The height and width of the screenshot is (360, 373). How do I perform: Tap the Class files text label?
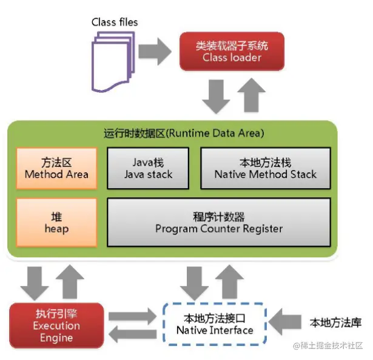pos(115,22)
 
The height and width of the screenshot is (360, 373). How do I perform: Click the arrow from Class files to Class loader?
pos(155,52)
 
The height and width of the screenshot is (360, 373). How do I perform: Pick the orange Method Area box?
pos(56,165)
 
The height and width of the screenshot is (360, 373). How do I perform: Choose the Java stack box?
pos(152,165)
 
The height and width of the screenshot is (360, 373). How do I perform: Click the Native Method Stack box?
pos(265,165)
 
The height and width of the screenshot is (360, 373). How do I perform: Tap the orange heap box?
pos(56,222)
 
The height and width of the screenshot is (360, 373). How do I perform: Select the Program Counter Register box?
pos(218,222)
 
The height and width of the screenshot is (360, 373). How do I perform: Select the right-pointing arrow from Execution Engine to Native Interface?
pos(132,316)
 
